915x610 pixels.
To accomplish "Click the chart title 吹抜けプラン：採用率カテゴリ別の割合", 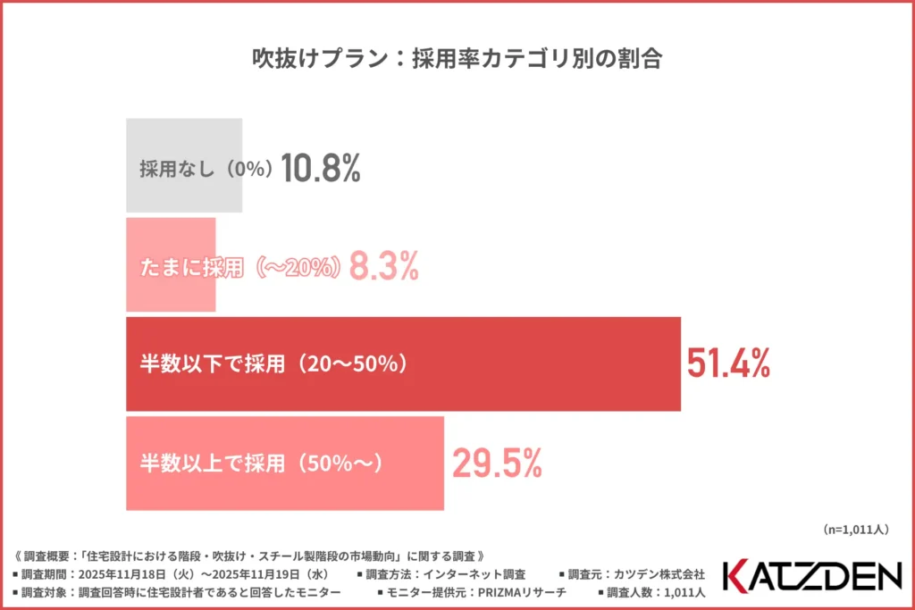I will click(457, 59).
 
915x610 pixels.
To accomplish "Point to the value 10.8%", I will click(321, 168).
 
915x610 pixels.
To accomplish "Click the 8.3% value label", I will click(383, 266).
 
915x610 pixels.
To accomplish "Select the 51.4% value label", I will click(728, 363).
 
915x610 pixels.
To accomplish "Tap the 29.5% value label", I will click(497, 463).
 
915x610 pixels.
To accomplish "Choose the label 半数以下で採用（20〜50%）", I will click(273, 363).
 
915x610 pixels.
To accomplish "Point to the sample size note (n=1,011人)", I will click(854, 530).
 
